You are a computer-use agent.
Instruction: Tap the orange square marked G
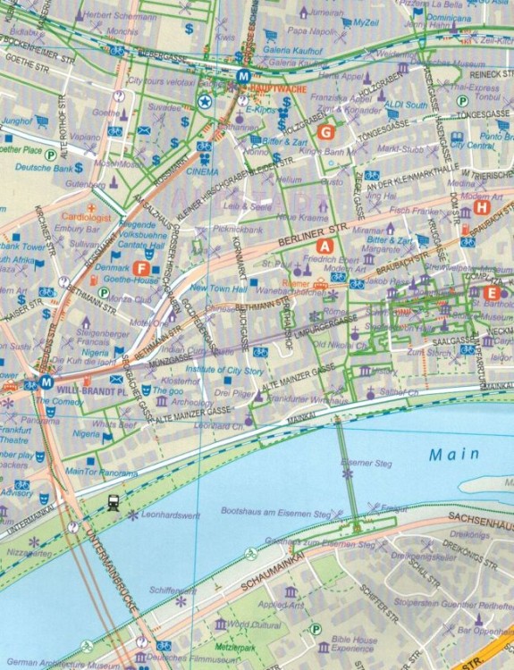(x=325, y=132)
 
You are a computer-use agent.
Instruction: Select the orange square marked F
(x=139, y=268)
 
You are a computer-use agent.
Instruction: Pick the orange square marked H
(x=483, y=207)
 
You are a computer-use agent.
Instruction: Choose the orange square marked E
(x=490, y=292)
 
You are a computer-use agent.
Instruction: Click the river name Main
(x=448, y=454)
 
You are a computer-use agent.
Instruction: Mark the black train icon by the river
(x=114, y=503)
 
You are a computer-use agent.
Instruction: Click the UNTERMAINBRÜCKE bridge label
(x=111, y=572)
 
